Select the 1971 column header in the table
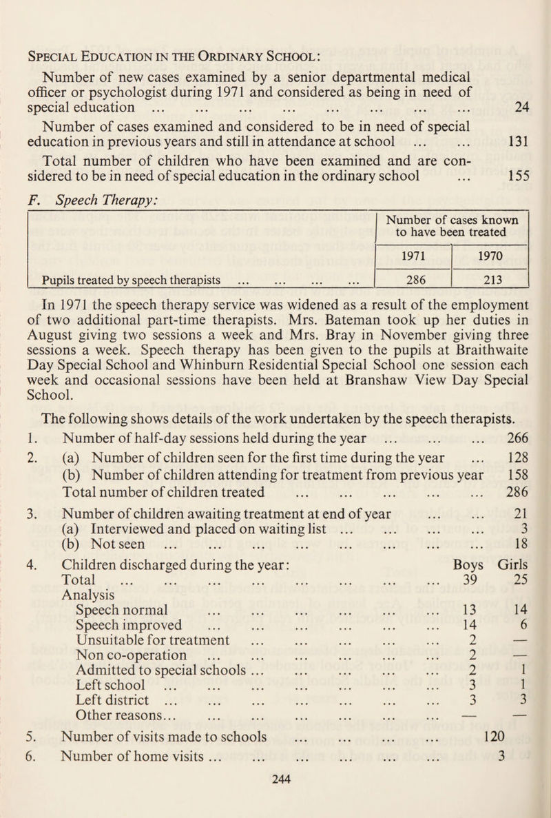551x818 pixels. tap(410, 253)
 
